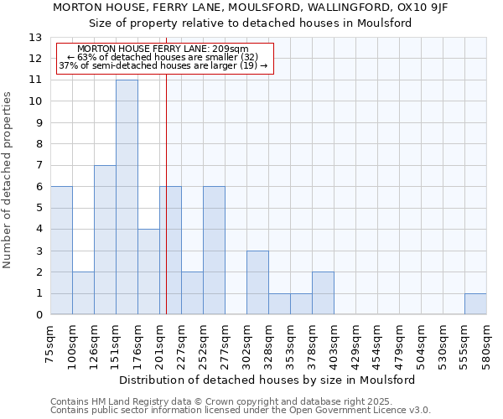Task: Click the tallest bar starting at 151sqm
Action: [127, 197]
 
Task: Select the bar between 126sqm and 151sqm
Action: [105, 240]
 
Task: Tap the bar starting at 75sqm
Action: [61, 251]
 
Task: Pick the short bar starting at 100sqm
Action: [83, 293]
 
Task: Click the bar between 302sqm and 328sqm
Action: [257, 282]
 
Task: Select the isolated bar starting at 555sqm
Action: [475, 304]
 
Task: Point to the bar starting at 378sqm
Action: [323, 293]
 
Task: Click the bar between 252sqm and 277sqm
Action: [214, 251]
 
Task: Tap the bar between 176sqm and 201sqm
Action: [148, 272]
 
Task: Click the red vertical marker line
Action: [166, 209]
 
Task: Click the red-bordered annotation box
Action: [164, 58]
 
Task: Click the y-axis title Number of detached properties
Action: [8, 180]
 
